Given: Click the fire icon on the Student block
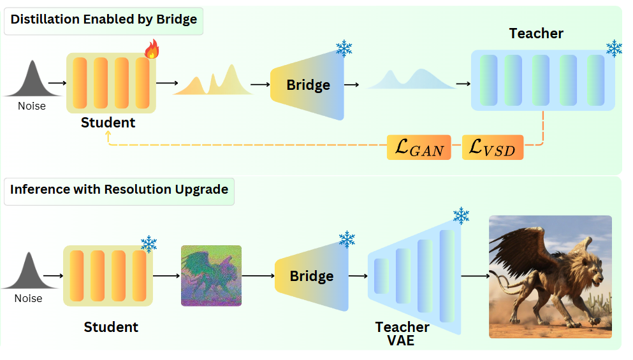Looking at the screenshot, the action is tap(152, 49).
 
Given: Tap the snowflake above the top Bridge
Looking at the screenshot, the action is tap(344, 48).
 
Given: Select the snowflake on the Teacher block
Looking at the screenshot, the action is tap(614, 48).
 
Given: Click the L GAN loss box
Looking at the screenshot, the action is tap(419, 147).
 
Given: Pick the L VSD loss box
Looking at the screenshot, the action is tap(493, 147).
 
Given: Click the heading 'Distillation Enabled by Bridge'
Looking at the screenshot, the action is tap(104, 19).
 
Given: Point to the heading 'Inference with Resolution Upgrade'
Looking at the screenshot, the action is tap(119, 189).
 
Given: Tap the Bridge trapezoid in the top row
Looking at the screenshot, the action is tap(308, 85).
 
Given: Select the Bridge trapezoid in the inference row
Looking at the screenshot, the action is tap(312, 276).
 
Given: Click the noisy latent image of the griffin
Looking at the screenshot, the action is tap(211, 276).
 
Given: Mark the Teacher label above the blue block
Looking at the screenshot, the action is tap(536, 34).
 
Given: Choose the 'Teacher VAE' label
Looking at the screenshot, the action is tap(402, 333).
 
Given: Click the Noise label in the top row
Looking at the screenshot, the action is tap(31, 106).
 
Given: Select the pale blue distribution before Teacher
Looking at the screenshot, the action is tap(411, 79).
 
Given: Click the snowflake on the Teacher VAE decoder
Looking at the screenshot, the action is tap(461, 216).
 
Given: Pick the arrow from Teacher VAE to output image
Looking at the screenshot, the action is tap(475, 276).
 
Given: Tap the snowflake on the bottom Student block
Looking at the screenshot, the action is tap(149, 244).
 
